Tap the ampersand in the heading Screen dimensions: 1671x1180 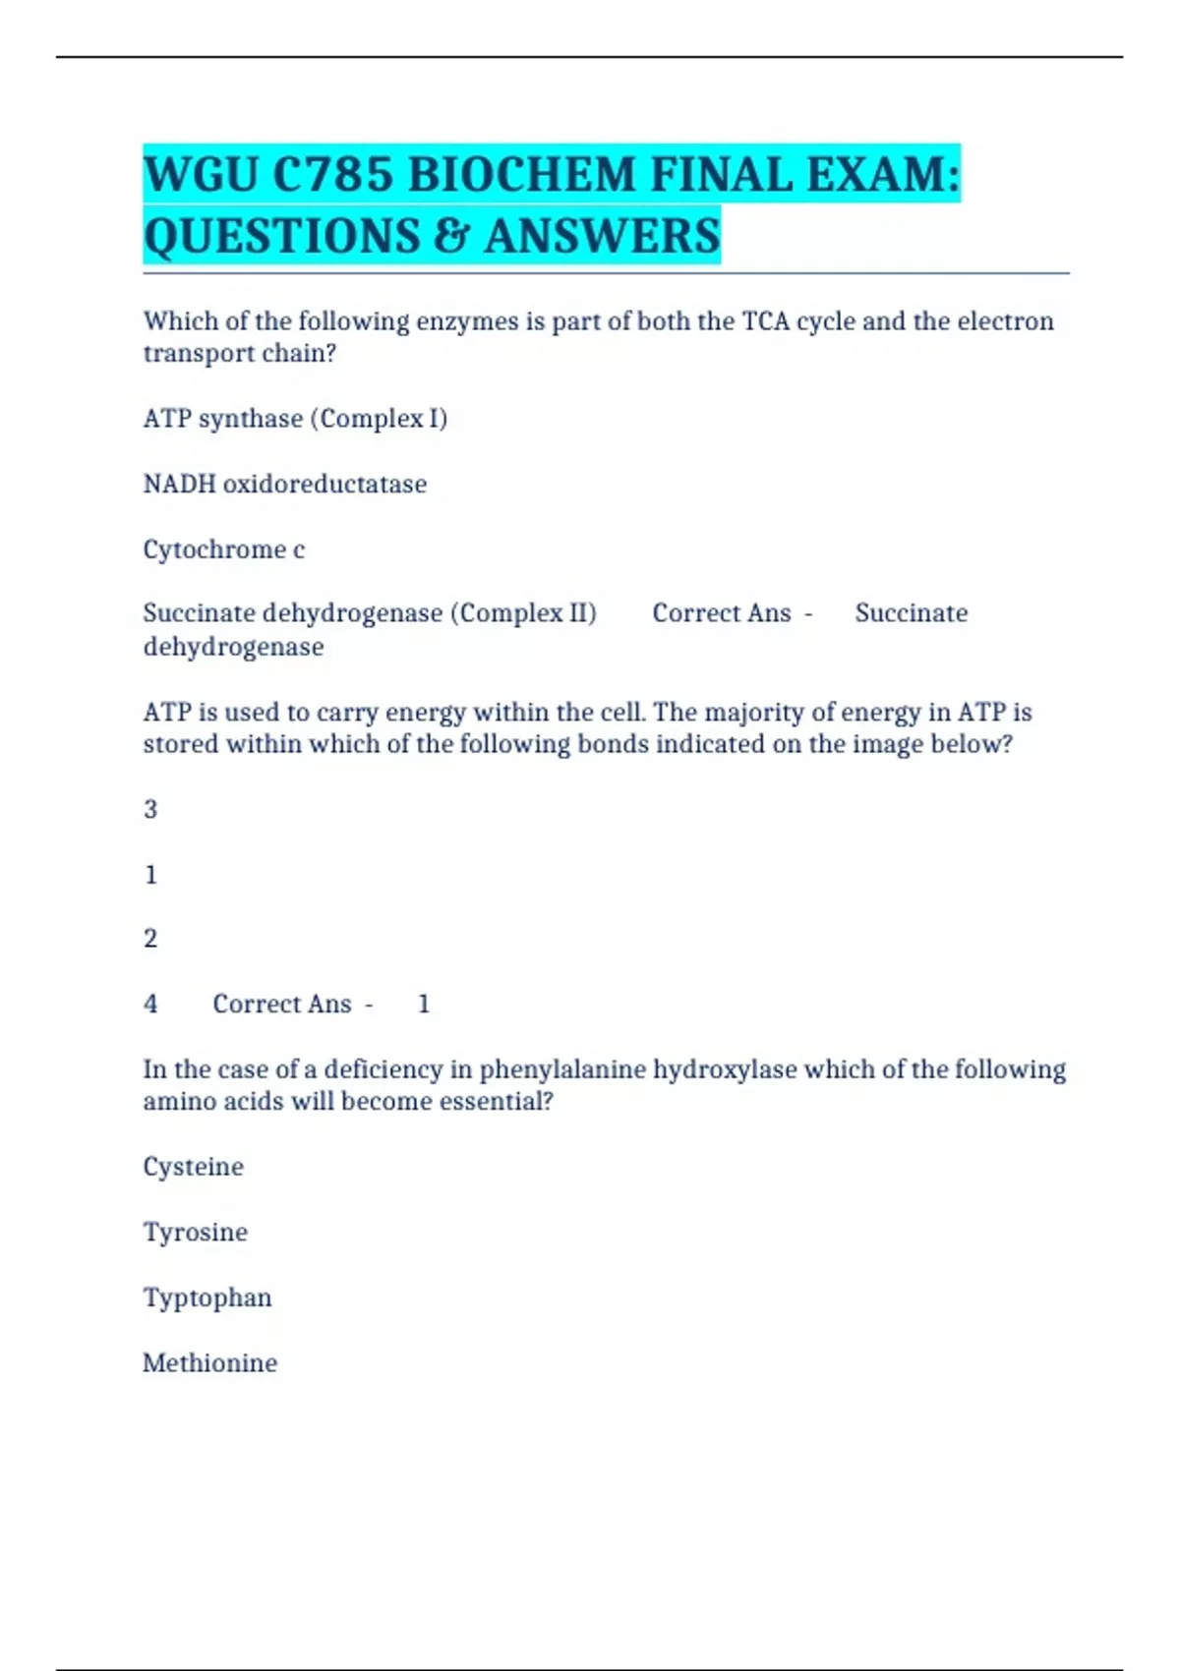447,237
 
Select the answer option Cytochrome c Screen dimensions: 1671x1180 224,549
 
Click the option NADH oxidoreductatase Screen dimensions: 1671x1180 285,484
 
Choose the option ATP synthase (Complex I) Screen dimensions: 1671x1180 295,419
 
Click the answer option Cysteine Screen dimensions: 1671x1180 193,1167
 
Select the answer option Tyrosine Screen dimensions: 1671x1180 195,1233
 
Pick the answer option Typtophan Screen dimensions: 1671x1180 207,1297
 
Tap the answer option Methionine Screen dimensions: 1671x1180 209,1363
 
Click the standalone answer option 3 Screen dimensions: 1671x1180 150,810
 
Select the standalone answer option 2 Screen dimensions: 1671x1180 150,939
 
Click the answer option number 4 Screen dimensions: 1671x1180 150,1004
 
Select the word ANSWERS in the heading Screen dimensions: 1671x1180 602,237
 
